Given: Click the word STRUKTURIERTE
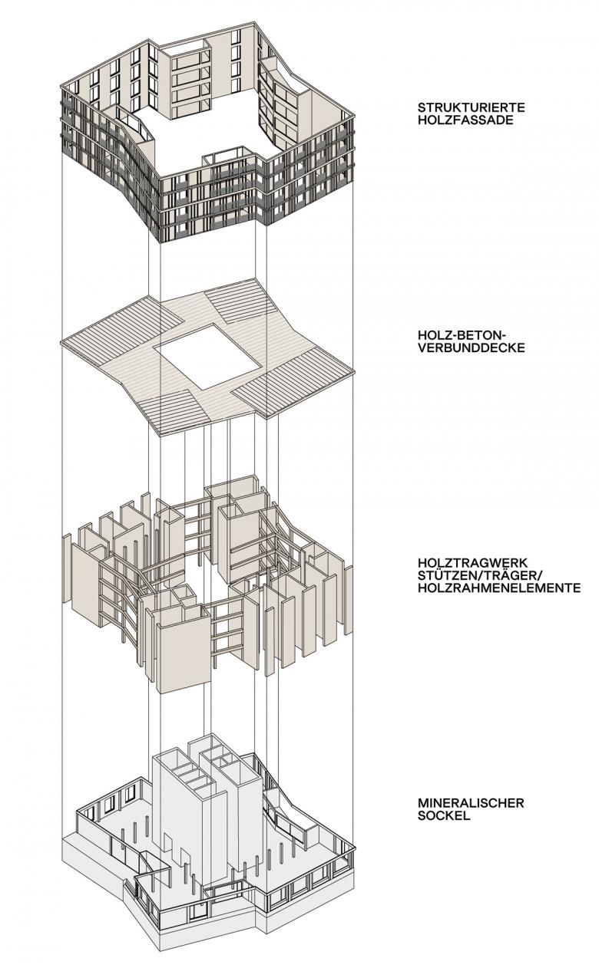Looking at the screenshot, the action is (x=471, y=107).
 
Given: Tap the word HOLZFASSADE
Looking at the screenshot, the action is (x=465, y=120).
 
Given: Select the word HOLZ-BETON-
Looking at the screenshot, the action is (x=462, y=334).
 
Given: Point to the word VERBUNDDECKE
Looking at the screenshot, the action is (x=472, y=348).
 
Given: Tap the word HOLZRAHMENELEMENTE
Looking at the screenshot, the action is (x=499, y=588).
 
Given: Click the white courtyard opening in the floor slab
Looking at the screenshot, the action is (x=209, y=356).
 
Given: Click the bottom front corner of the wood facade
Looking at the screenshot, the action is (x=161, y=242).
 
